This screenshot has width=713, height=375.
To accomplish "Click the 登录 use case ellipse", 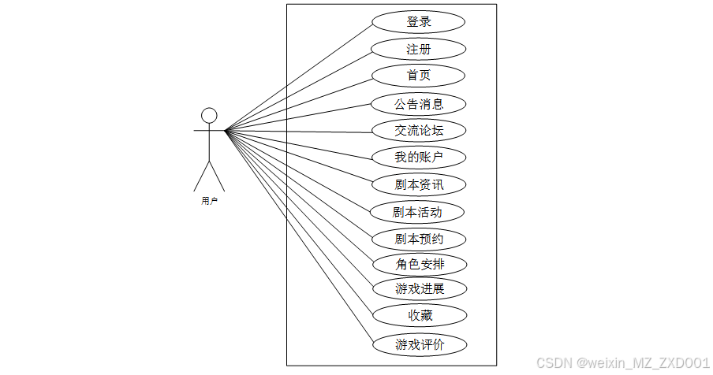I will pyautogui.click(x=419, y=22).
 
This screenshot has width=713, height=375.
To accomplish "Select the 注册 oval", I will pyautogui.click(x=419, y=50).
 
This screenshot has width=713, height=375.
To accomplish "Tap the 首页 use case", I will pyautogui.click(x=419, y=76).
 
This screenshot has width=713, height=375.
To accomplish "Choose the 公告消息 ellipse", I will pyautogui.click(x=419, y=103).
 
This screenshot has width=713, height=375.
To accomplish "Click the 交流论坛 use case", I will pyautogui.click(x=419, y=131).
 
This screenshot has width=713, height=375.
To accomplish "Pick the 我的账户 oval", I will pyautogui.click(x=419, y=158).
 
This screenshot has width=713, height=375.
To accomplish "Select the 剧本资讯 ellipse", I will pyautogui.click(x=419, y=185).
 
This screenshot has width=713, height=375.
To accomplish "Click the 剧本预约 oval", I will pyautogui.click(x=419, y=239).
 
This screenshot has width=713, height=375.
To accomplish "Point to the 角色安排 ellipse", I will pyautogui.click(x=420, y=264).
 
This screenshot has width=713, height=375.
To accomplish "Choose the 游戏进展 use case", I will pyautogui.click(x=420, y=289).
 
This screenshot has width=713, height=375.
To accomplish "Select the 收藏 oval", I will pyautogui.click(x=419, y=316).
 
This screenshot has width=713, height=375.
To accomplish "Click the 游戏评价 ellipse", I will pyautogui.click(x=419, y=344).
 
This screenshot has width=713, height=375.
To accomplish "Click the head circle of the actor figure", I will pyautogui.click(x=209, y=116).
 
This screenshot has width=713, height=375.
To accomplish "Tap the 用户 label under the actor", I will pyautogui.click(x=209, y=202).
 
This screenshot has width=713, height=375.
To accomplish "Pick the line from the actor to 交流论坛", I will pyautogui.click(x=300, y=131).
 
